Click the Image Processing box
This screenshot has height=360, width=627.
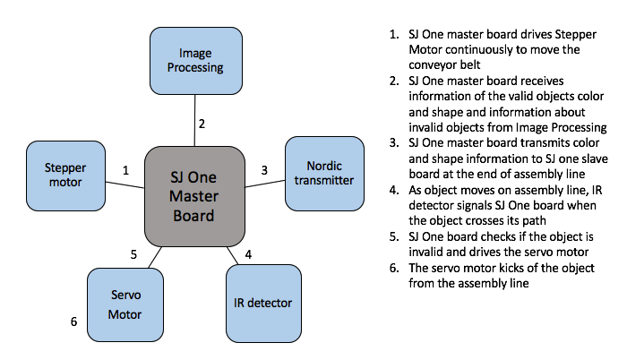(x=196, y=61)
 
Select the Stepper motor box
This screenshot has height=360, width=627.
(x=66, y=176)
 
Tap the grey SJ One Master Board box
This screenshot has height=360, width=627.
(x=194, y=196)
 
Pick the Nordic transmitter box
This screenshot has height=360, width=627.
(x=324, y=174)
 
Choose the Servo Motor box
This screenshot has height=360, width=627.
(x=125, y=304)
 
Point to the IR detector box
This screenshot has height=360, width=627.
(x=263, y=304)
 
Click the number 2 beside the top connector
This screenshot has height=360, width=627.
(x=202, y=124)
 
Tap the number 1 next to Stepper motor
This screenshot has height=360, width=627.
(x=126, y=170)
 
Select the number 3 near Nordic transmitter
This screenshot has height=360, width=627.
(x=264, y=170)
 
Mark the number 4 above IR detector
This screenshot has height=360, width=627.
(x=248, y=254)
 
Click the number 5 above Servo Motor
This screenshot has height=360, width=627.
(x=134, y=254)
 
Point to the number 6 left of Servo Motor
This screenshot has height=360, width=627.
(x=74, y=321)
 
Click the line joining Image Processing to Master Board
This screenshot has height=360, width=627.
(x=194, y=120)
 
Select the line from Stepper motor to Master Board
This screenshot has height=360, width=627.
(x=125, y=184)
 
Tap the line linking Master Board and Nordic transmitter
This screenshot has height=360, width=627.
(x=265, y=184)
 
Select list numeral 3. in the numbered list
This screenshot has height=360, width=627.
(x=394, y=142)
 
